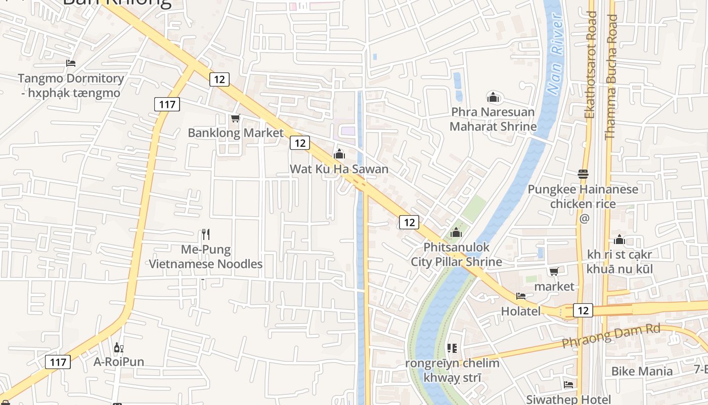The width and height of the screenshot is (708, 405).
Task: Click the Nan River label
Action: click(x=555, y=56)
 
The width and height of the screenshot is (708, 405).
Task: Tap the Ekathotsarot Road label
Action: click(x=590, y=65)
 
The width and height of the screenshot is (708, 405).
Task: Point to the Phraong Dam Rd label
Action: click(x=611, y=336)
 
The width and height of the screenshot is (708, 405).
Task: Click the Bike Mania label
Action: click(x=642, y=371)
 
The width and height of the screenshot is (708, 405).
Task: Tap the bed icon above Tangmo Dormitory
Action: click(x=71, y=63)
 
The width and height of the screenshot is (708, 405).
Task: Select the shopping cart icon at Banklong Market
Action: click(x=235, y=118)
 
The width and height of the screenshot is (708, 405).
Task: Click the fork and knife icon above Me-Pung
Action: click(x=205, y=234)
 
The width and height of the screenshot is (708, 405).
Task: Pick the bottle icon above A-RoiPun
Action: click(x=118, y=347)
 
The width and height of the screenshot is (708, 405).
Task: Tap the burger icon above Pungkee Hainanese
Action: click(x=583, y=174)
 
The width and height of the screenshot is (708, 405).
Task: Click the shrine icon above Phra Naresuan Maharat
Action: click(x=493, y=97)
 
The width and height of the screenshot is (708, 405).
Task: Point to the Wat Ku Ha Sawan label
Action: click(x=339, y=169)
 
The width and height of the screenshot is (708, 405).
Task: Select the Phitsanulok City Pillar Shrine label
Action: click(x=456, y=255)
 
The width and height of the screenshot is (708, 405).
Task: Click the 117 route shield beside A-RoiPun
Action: click(x=58, y=362)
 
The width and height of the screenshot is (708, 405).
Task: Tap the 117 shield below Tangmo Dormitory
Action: click(x=167, y=105)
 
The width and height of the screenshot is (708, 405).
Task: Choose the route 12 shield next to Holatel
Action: click(x=583, y=310)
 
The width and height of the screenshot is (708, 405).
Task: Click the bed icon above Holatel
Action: click(x=521, y=296)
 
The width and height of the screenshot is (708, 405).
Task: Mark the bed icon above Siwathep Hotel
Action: click(x=568, y=385)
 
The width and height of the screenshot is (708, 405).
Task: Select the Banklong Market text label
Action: click(x=236, y=133)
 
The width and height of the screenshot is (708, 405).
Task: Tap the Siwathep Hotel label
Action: click(x=568, y=399)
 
